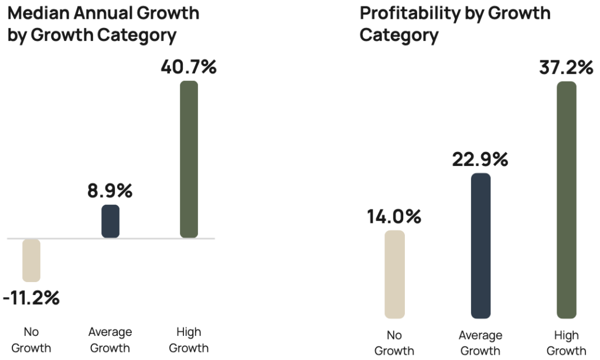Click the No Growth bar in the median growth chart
point(31,260)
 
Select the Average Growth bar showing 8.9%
point(110,221)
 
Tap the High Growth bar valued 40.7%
point(189,159)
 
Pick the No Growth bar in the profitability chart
point(395,274)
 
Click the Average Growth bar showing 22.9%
point(480,246)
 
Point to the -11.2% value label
point(31,298)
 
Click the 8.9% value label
point(110,191)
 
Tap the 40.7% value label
point(189,66)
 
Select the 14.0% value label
point(394,216)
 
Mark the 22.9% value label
point(480,159)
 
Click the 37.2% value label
point(565,67)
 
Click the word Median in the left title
point(38,12)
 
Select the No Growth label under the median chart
point(31,340)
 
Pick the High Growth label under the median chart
point(189,340)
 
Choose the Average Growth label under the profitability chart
point(480,344)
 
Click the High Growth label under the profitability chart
point(566,344)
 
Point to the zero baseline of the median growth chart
point(70,239)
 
